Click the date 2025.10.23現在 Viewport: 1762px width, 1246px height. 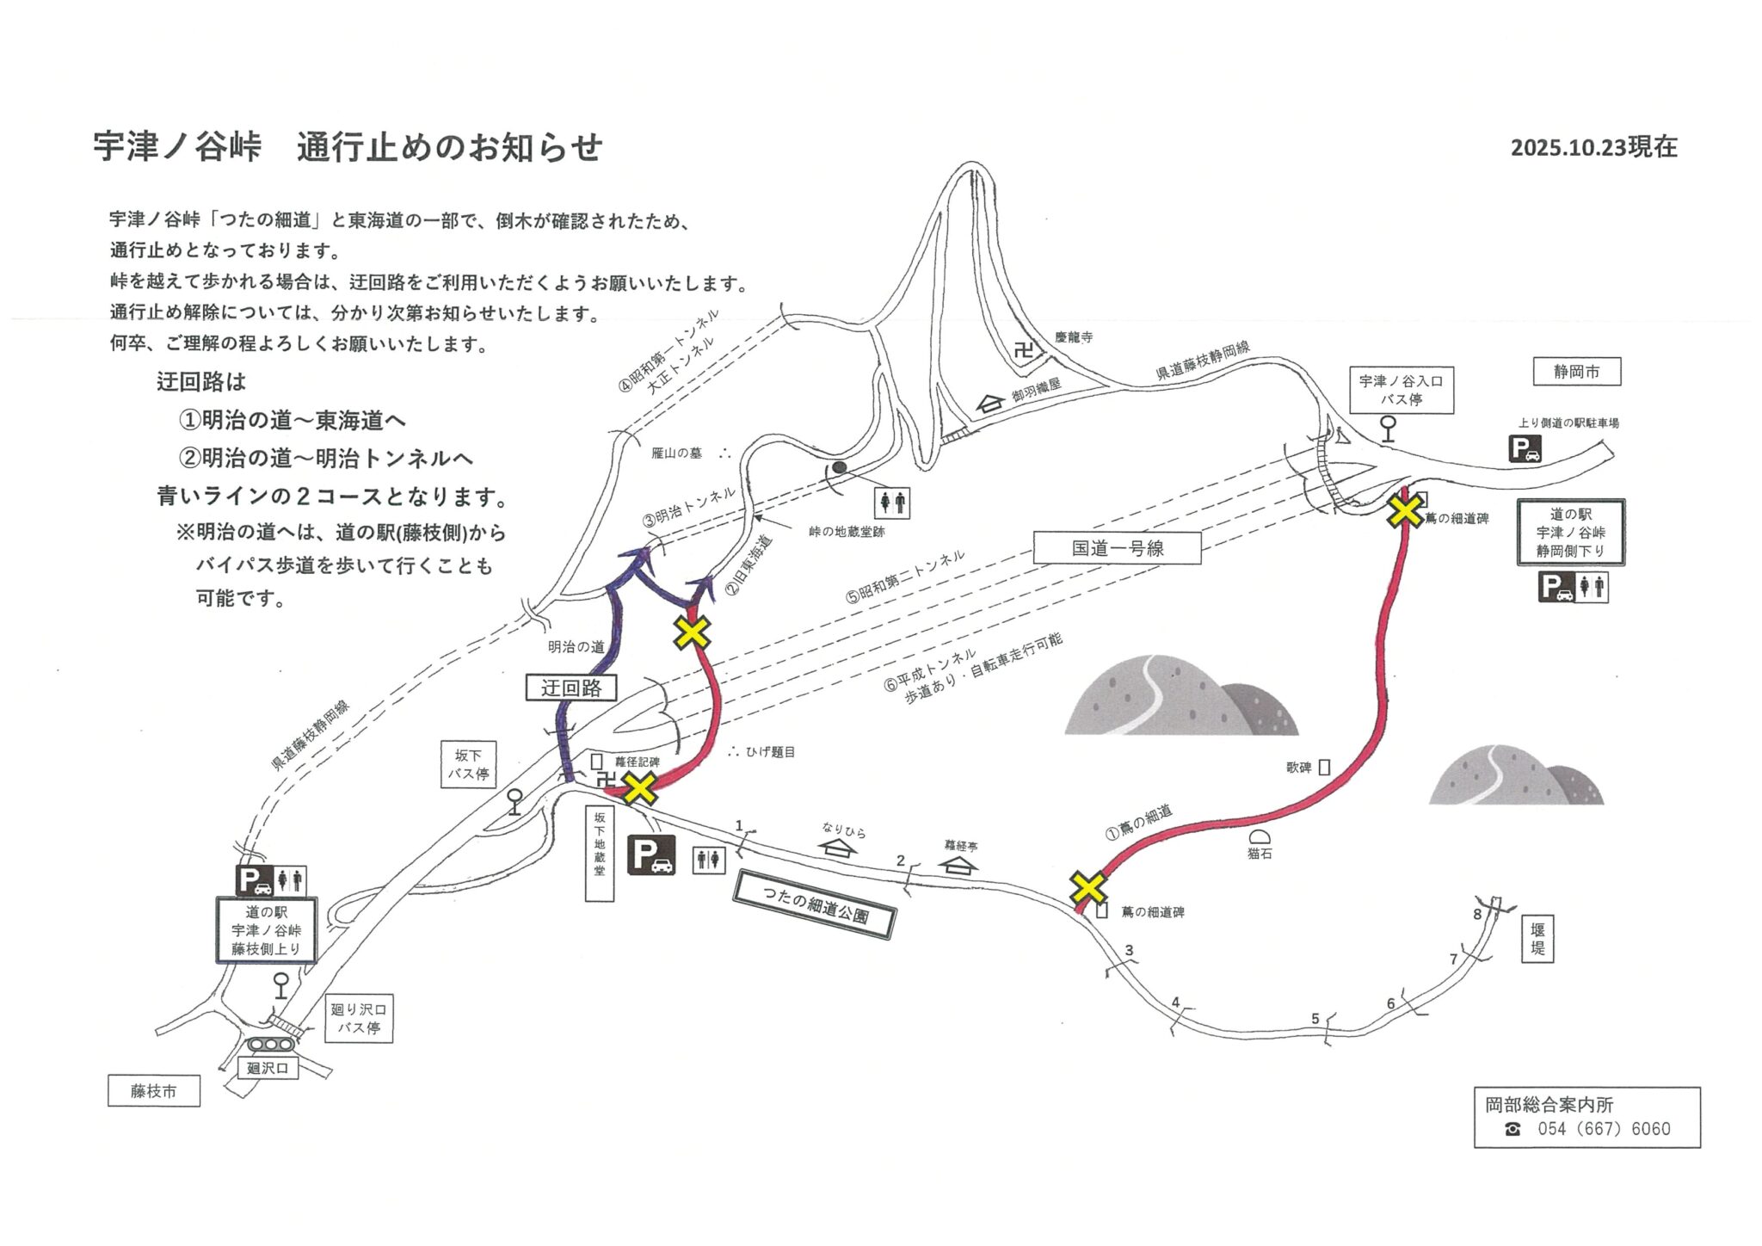[1593, 147]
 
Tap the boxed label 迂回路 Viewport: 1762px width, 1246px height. [571, 688]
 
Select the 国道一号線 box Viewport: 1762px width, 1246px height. [1117, 548]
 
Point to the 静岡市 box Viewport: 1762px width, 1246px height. [1576, 372]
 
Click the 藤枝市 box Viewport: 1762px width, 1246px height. [154, 1091]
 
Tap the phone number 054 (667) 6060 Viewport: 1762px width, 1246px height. [1604, 1129]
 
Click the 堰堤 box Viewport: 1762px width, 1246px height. [1537, 939]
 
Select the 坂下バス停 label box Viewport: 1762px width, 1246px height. [468, 764]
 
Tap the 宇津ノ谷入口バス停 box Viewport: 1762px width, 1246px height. [1401, 390]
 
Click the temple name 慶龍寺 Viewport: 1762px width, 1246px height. [1074, 337]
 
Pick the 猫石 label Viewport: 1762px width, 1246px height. [1260, 854]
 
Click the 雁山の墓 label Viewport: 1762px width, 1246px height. [676, 453]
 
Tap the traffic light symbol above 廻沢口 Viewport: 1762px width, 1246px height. [270, 1045]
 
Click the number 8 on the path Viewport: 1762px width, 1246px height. [1477, 914]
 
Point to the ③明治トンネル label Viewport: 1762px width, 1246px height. [689, 508]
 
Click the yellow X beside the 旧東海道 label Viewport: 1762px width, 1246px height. [692, 632]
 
